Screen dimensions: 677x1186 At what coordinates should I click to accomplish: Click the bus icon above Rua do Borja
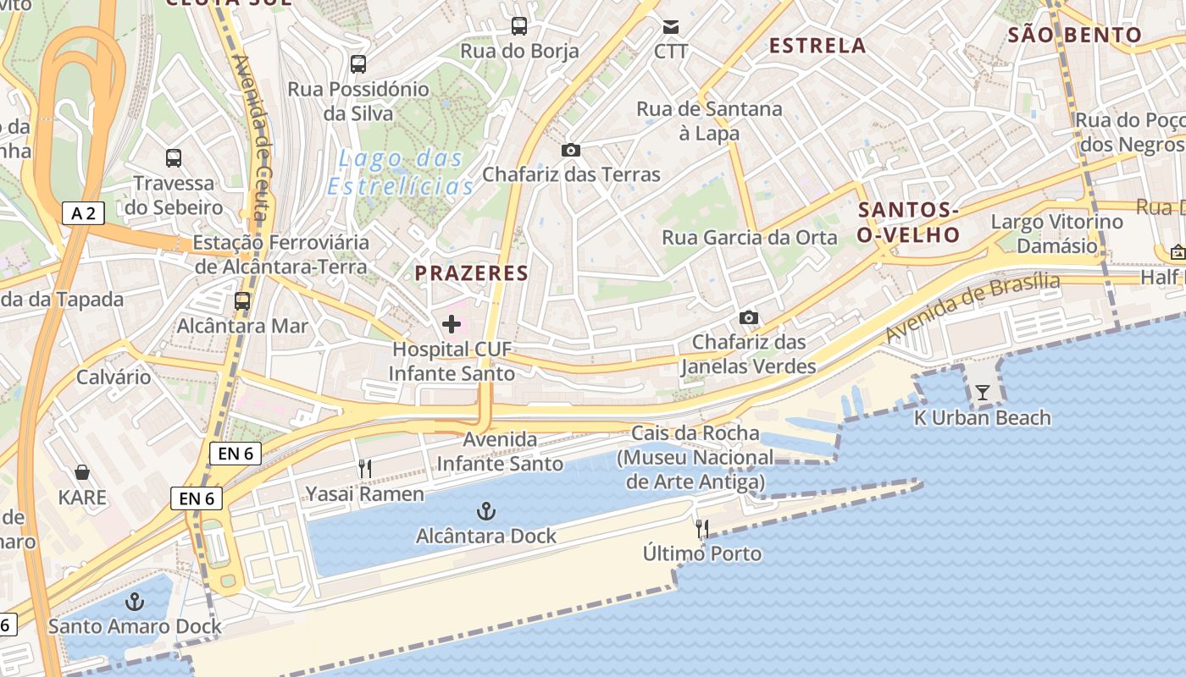(x=519, y=26)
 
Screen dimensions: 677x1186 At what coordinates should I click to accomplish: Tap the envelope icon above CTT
(x=671, y=27)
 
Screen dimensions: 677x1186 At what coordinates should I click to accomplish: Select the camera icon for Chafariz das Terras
(x=571, y=150)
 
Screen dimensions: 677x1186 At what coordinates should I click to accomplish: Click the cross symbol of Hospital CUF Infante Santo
(x=452, y=323)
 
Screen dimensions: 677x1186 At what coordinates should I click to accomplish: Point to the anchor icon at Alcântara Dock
(x=486, y=510)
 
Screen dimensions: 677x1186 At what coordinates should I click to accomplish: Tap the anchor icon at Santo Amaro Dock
(x=134, y=602)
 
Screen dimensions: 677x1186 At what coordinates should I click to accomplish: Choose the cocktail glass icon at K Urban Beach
(x=982, y=392)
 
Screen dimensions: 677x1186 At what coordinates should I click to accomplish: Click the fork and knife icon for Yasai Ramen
(x=365, y=468)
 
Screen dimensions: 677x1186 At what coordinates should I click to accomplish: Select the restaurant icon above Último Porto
(x=701, y=529)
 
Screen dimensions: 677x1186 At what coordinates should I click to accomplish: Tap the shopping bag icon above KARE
(x=82, y=471)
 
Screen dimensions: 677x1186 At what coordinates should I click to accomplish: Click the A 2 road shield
(x=83, y=213)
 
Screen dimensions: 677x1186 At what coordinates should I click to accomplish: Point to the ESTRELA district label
(x=817, y=46)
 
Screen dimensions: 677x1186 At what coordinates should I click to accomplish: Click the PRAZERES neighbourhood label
(x=471, y=273)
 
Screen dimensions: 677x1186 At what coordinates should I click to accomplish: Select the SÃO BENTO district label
(x=1074, y=35)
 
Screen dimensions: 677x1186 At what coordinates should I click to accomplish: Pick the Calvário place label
(x=114, y=377)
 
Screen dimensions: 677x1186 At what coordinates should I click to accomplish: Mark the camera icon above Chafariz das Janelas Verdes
(x=748, y=317)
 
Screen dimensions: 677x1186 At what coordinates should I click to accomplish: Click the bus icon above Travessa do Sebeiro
(x=174, y=157)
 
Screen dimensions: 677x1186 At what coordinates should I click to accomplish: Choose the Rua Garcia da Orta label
(x=749, y=238)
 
